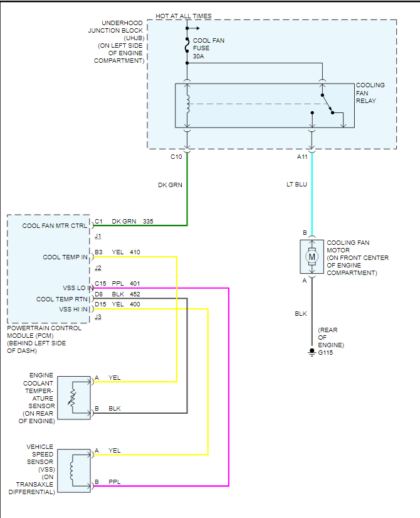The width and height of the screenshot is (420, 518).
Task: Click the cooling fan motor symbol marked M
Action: (312, 256)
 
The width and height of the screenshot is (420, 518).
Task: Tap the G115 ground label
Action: (326, 353)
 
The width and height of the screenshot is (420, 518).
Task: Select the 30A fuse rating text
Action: (199, 57)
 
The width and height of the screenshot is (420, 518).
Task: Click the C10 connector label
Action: (176, 157)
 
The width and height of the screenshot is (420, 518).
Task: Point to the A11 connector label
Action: (303, 157)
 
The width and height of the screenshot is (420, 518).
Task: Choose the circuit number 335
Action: (148, 222)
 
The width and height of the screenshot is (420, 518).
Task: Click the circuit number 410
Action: (135, 252)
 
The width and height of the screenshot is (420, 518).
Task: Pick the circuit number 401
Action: (135, 283)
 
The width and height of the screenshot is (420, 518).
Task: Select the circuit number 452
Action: (135, 294)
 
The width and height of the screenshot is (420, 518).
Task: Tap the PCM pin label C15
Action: (100, 283)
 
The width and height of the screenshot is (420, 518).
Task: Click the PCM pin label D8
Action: (98, 294)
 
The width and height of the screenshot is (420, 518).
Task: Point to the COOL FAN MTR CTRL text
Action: (55, 225)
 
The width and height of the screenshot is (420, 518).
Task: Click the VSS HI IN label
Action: (74, 309)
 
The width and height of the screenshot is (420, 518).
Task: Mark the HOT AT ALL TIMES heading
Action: (184, 16)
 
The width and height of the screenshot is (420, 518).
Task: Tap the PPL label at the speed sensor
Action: (114, 482)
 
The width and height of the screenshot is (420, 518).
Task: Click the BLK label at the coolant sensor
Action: (114, 409)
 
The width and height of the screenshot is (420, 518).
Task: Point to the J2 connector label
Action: (98, 268)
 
